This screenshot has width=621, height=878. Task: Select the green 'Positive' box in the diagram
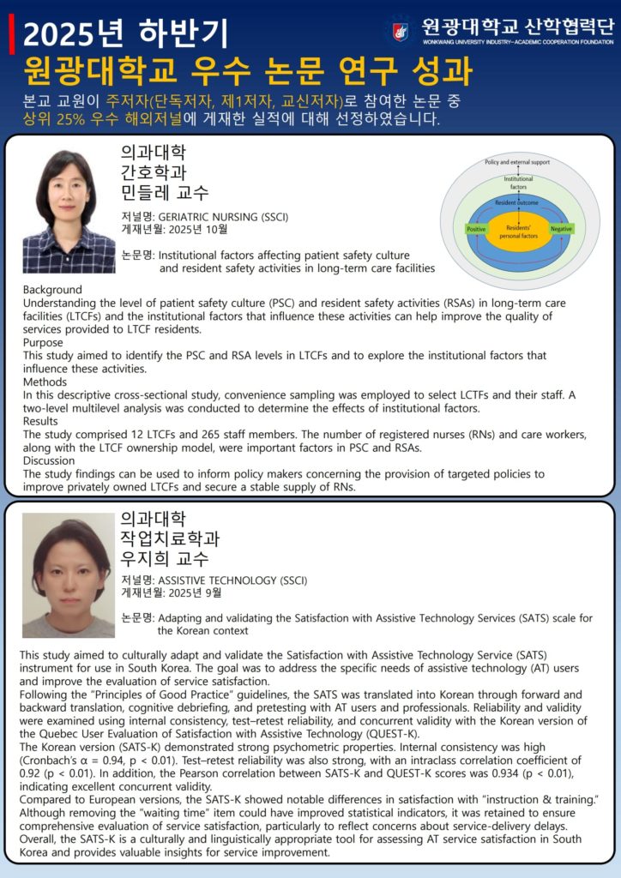coord(476,230)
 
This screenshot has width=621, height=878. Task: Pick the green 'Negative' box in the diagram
coord(561,230)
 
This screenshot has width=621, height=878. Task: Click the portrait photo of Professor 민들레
coord(69,211)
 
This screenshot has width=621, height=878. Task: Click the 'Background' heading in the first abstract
coord(52,290)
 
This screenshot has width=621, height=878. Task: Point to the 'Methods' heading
coord(46,382)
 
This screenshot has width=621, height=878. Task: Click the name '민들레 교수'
coord(165,192)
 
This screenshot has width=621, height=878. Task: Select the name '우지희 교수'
coord(165,558)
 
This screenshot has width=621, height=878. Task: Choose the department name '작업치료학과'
coord(170,538)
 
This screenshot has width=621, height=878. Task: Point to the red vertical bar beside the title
coord(11,33)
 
